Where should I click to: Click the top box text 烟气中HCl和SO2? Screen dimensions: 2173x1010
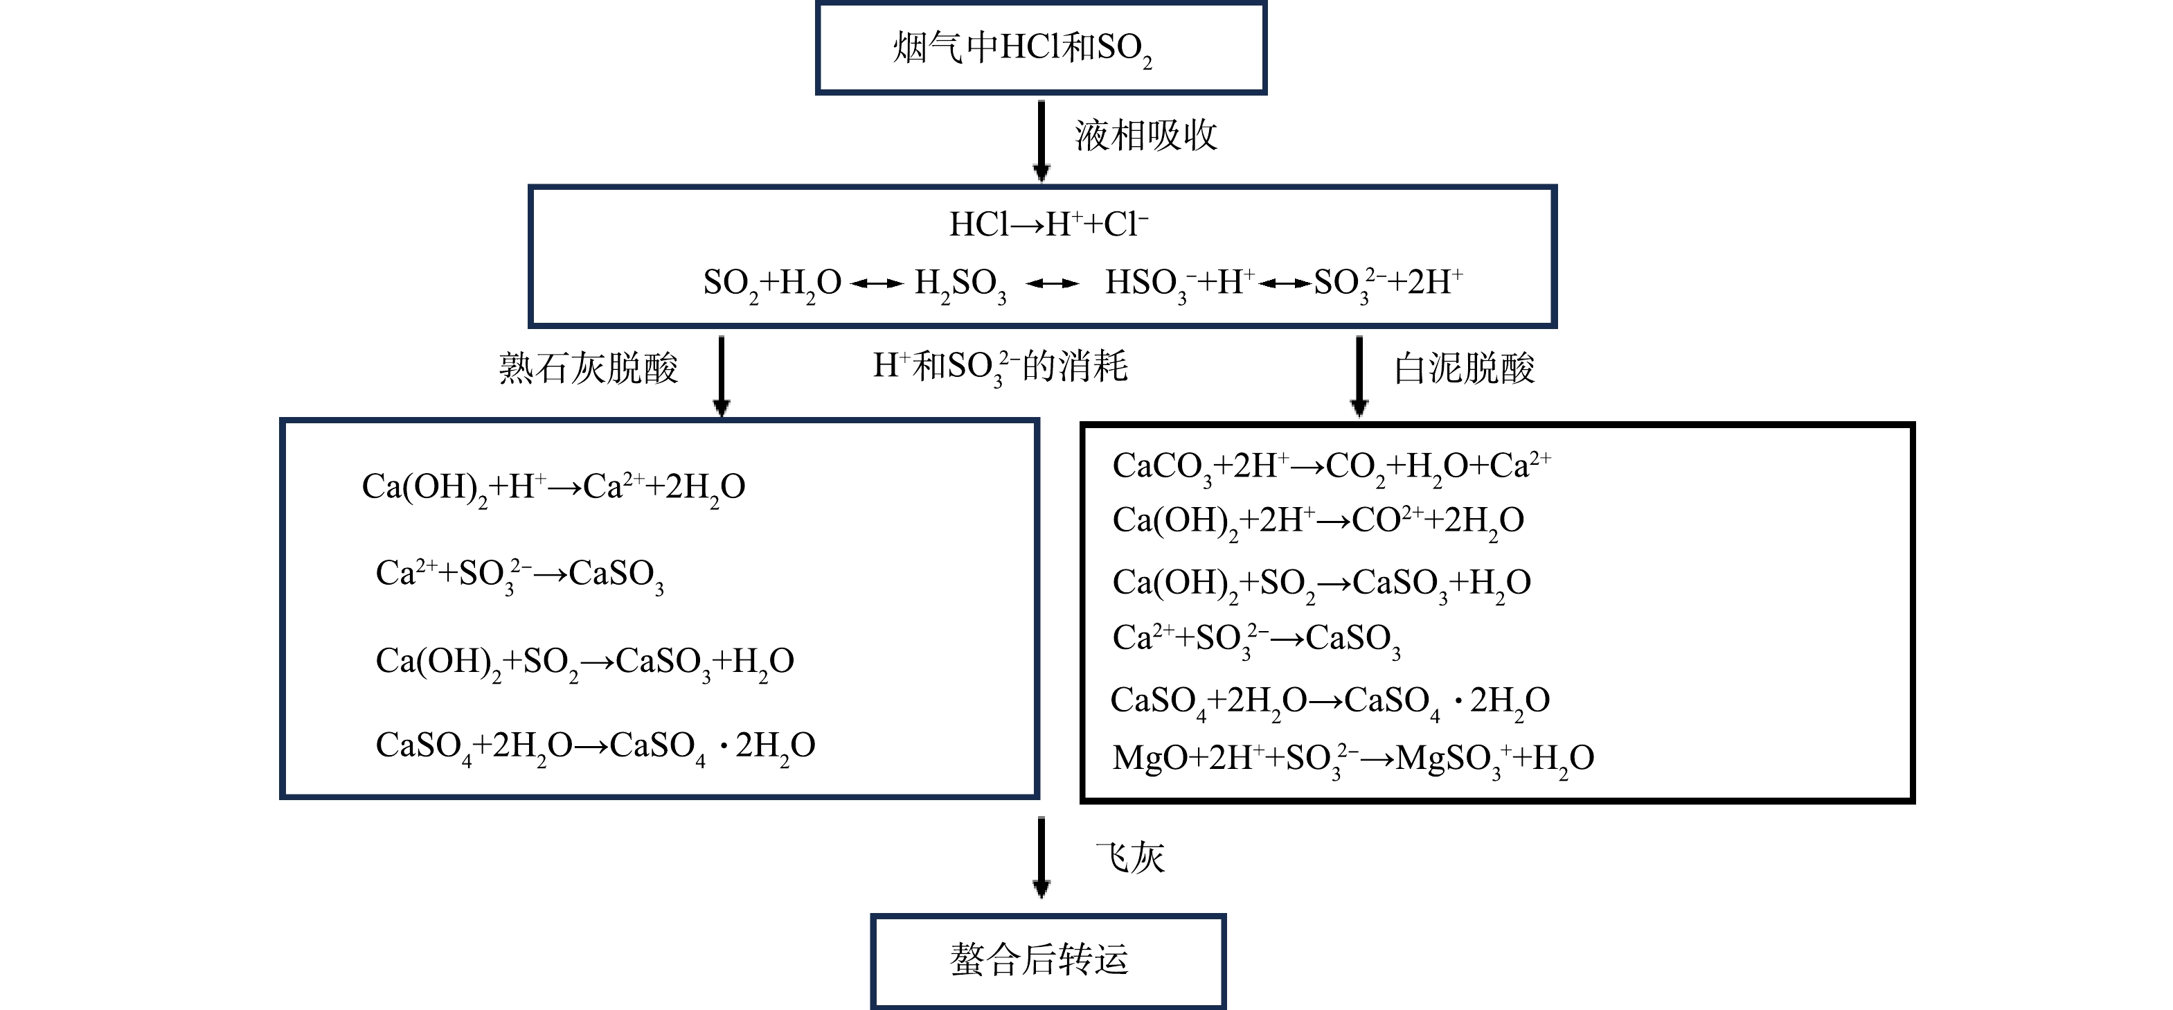(1022, 49)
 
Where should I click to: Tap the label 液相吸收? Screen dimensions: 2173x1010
(1145, 135)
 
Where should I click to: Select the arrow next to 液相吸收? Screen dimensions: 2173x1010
(1041, 141)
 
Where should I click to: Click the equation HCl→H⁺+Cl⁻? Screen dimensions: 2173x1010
(1048, 224)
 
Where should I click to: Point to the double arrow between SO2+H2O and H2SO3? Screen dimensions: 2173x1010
(877, 284)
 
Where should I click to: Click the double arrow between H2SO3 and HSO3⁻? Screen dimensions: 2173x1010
(1053, 284)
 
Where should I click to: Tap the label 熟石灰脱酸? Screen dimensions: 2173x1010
(588, 368)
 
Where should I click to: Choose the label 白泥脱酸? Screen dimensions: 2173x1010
(1464, 369)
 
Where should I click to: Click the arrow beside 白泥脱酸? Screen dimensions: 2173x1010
(1359, 376)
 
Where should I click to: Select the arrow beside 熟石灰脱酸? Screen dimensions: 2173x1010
(722, 376)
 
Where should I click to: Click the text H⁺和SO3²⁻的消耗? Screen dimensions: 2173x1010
(1000, 367)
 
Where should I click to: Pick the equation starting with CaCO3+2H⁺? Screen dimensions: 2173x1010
(1331, 468)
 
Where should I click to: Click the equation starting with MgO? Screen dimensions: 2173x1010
(1353, 759)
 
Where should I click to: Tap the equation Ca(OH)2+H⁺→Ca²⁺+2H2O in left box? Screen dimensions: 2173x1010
(553, 488)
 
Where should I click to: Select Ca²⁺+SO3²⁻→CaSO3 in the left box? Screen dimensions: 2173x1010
(519, 576)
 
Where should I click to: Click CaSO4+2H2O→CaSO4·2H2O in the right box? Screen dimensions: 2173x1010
(1330, 702)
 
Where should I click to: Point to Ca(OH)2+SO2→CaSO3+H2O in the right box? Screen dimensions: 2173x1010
(1321, 585)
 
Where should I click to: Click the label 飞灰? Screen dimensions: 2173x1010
(1129, 858)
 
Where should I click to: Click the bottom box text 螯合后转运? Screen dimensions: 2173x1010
(1039, 960)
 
